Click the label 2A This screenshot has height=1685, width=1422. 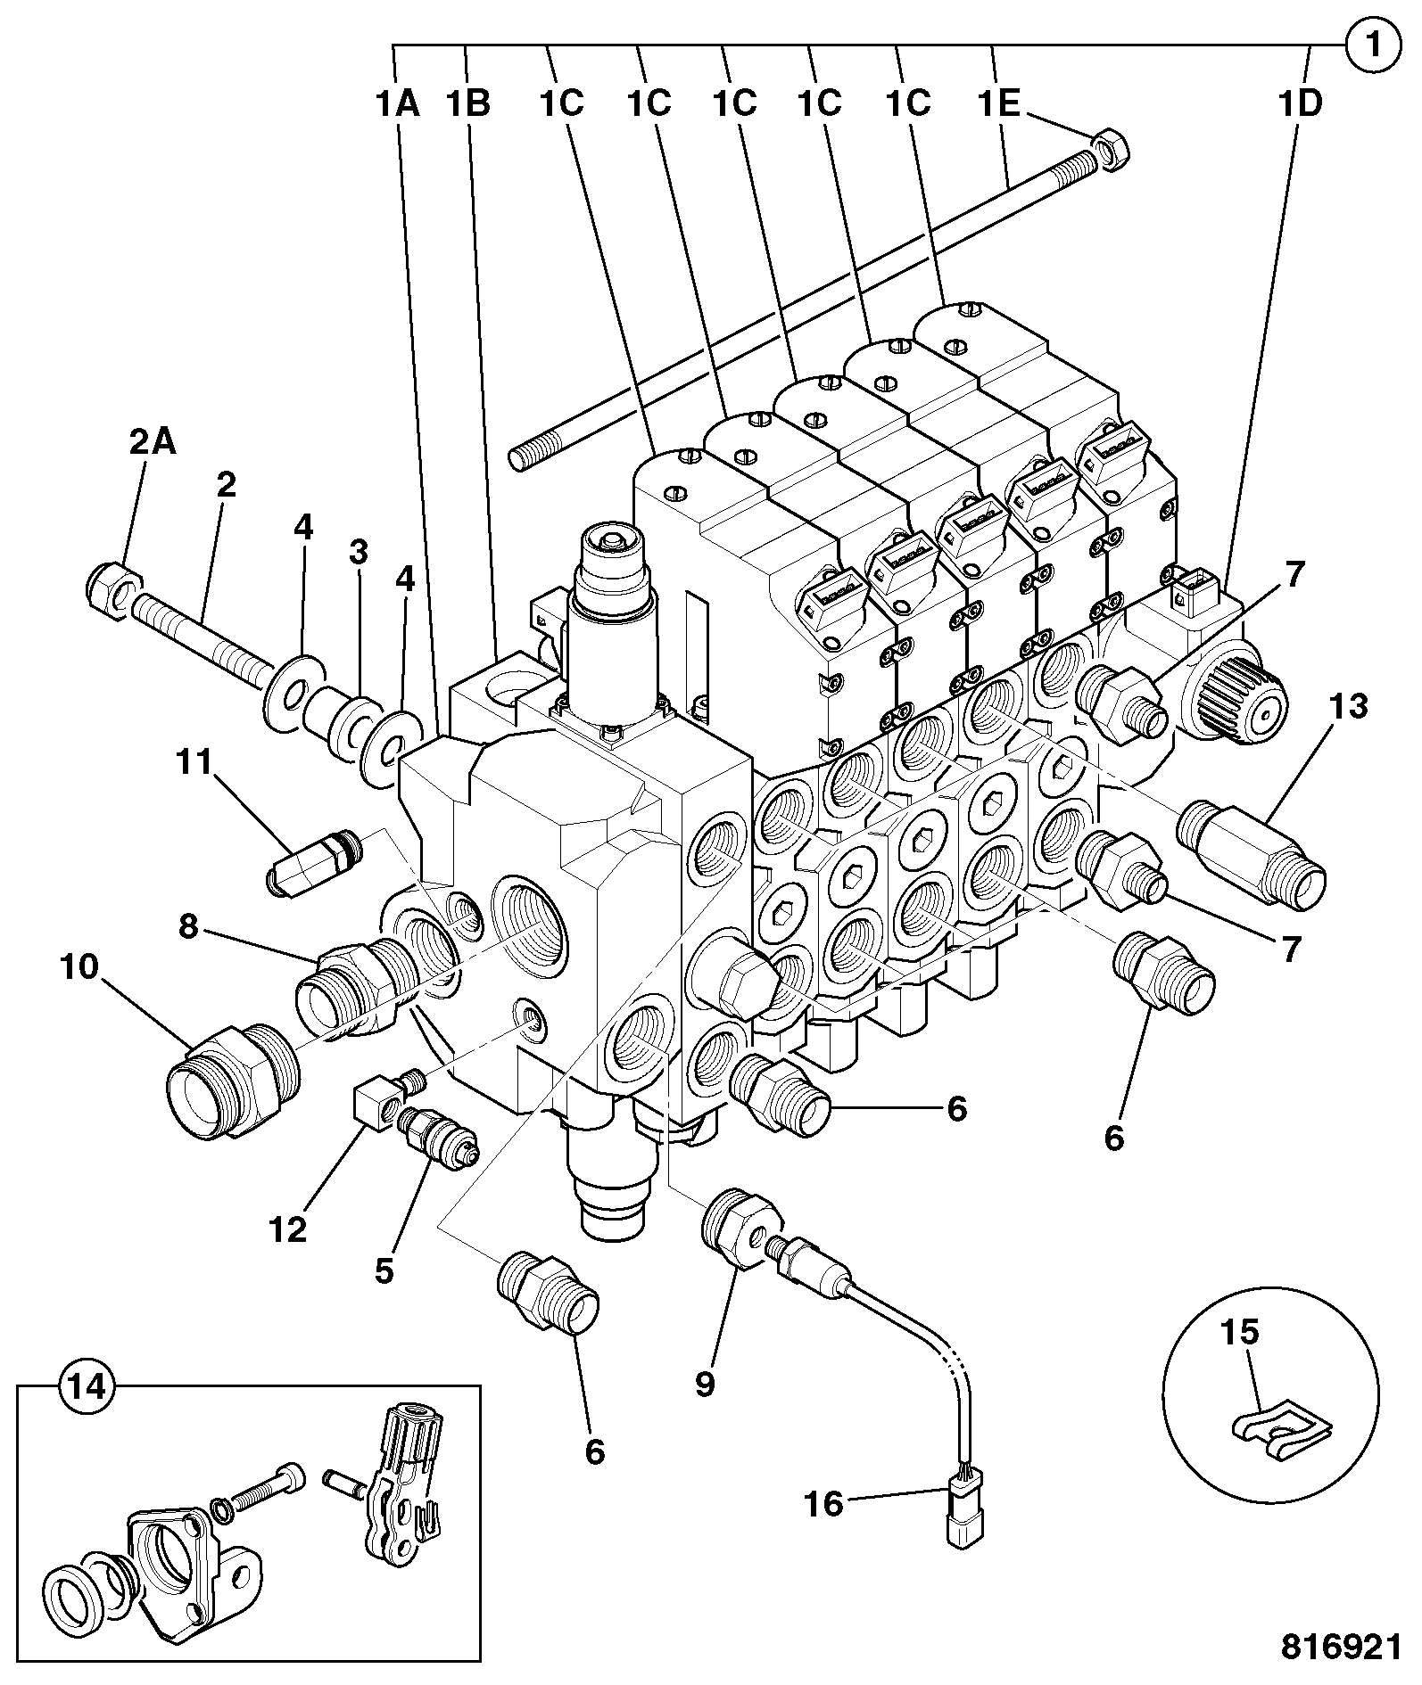152,442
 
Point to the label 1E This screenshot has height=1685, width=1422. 998,104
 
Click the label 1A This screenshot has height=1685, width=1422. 396,104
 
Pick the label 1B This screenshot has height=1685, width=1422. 468,104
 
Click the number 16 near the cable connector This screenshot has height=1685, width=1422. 823,1504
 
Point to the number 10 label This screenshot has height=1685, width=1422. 79,967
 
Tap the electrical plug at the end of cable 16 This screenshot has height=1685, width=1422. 964,1520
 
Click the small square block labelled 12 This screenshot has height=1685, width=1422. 377,1103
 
